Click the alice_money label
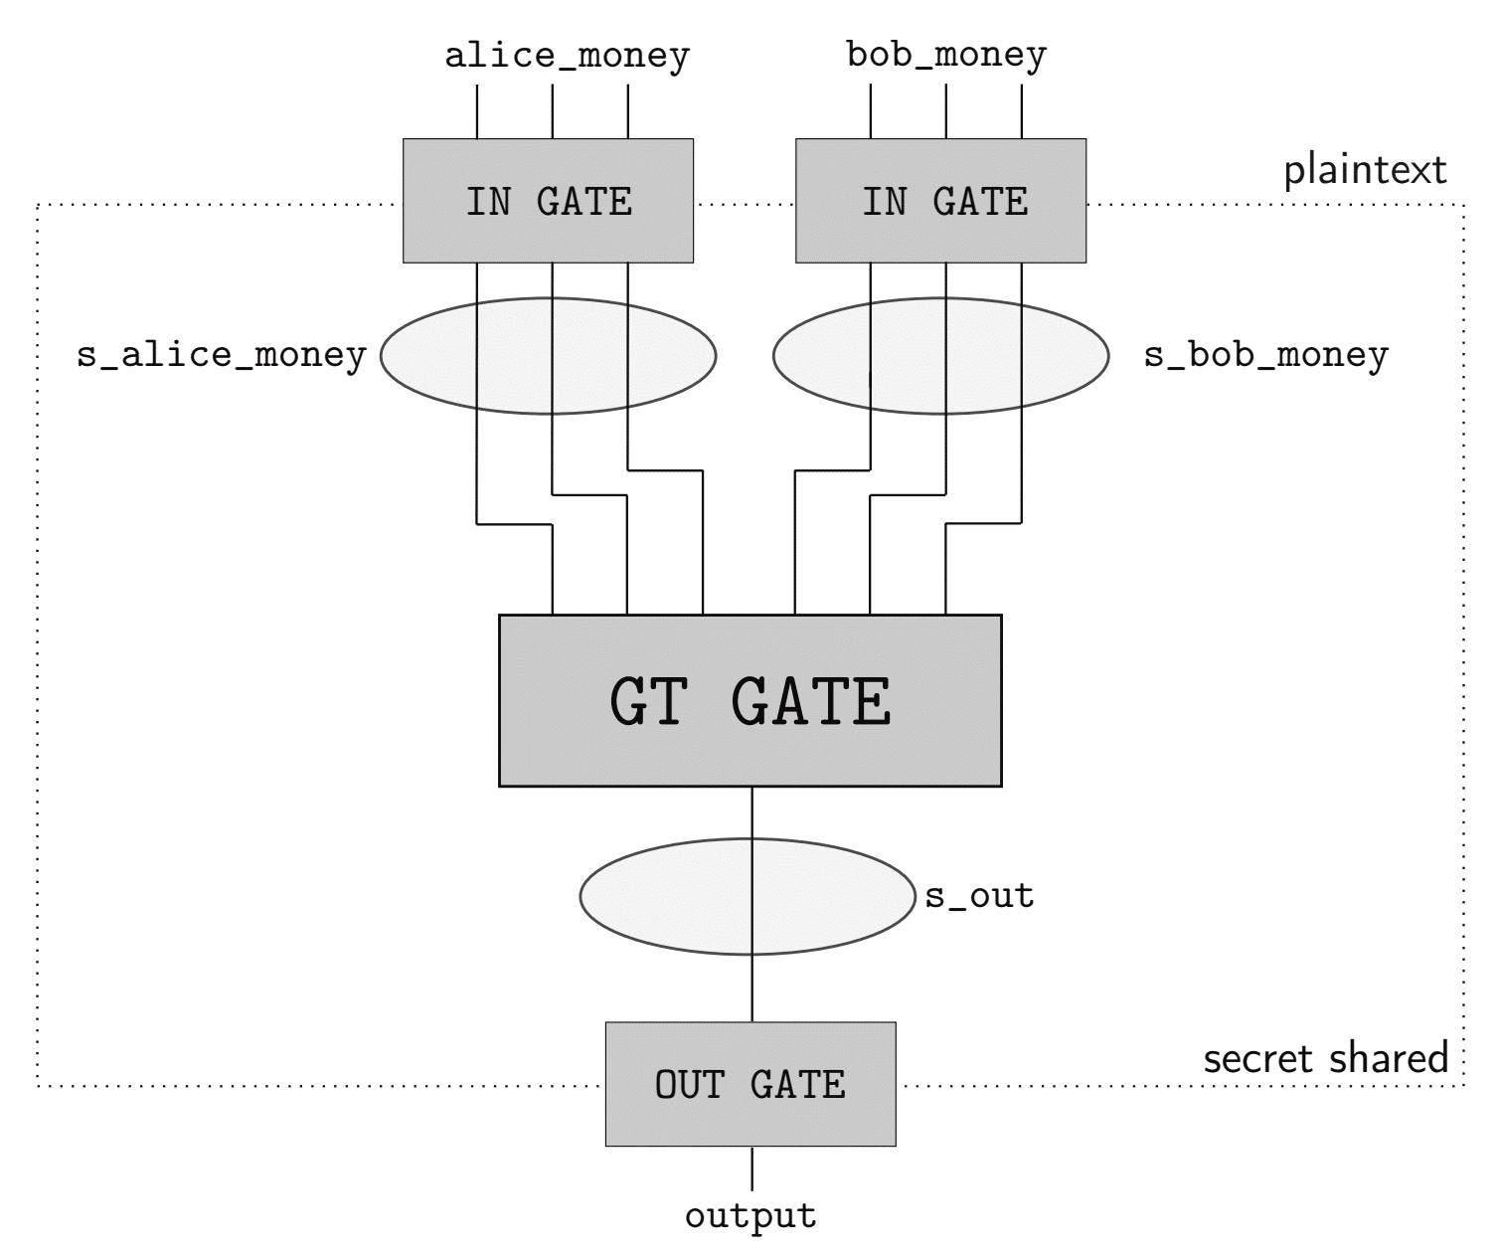567,56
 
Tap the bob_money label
946,54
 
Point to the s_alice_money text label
222,355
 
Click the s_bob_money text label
1265,355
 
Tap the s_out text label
979,896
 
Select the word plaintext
1366,170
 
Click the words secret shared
1326,1058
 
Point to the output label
750,1215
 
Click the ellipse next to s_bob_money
1054,356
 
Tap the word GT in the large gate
647,702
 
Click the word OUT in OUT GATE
690,1084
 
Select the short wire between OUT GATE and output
751,1168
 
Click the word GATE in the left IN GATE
584,202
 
